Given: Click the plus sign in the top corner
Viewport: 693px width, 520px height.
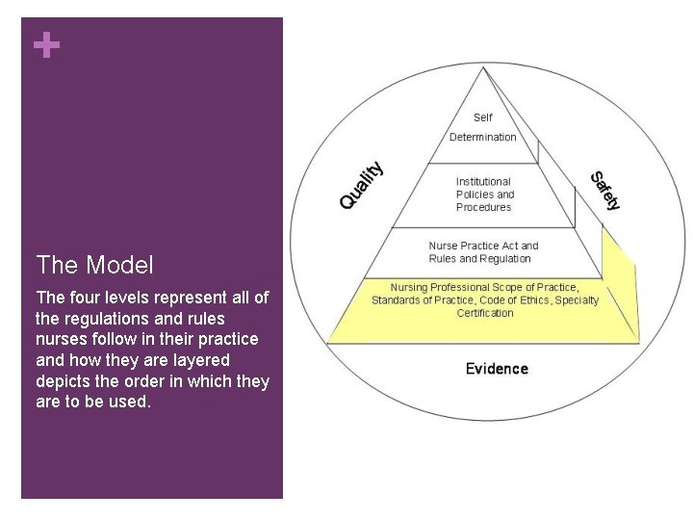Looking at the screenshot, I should tap(45, 45).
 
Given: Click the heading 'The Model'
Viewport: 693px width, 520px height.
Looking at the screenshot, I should tap(94, 265).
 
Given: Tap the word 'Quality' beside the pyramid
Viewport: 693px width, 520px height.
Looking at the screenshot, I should tap(362, 185).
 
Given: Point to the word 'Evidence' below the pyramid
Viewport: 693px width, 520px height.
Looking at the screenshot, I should tap(497, 369).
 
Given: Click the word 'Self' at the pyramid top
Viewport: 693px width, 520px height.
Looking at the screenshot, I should tap(482, 118).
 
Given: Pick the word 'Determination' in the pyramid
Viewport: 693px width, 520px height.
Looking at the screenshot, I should tap(482, 137).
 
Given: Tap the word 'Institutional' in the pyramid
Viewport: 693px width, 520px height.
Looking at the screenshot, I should tap(483, 181).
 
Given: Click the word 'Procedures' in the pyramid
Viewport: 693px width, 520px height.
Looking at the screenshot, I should tap(483, 207).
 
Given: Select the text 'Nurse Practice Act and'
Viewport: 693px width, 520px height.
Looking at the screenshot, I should tap(483, 246).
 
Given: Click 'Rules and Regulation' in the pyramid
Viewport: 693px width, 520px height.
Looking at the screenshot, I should tap(479, 258).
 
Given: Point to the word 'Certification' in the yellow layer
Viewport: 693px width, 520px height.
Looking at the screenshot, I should tap(485, 313).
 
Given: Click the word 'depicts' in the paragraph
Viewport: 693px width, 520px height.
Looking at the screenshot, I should tap(64, 381).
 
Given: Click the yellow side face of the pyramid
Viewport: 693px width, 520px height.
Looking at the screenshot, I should tap(619, 289).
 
